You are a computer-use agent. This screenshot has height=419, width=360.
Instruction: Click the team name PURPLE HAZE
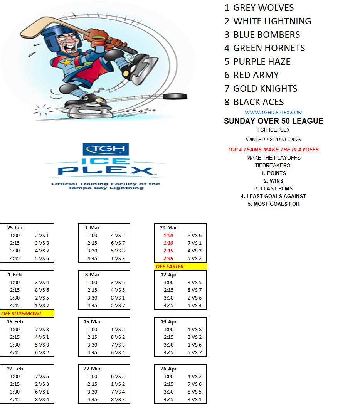coord(262,62)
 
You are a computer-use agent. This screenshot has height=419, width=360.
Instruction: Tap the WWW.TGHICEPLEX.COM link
coord(274,113)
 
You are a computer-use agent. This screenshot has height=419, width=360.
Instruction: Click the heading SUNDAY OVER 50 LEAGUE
coord(274,121)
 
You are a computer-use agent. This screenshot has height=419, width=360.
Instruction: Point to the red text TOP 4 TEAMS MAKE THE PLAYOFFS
coord(273,150)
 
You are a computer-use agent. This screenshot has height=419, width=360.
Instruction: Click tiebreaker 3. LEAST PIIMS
coord(273,188)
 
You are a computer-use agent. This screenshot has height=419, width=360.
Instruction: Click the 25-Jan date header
coord(15,227)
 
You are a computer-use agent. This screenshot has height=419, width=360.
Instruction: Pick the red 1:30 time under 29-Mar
coord(168,243)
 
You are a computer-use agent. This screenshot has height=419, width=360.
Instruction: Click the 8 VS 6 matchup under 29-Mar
coord(195,236)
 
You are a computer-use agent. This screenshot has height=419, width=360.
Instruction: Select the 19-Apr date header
coord(168,321)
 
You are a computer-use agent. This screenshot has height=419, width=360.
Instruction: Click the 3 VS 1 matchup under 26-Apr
coord(195,400)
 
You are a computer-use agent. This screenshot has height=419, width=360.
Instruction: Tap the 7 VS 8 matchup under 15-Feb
coord(42,330)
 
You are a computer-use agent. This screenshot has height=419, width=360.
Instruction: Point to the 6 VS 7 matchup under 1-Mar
coord(118,243)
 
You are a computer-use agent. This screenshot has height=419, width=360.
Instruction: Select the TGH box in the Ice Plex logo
coord(106,149)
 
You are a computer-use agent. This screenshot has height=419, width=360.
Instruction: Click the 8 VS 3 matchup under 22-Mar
coord(118,400)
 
